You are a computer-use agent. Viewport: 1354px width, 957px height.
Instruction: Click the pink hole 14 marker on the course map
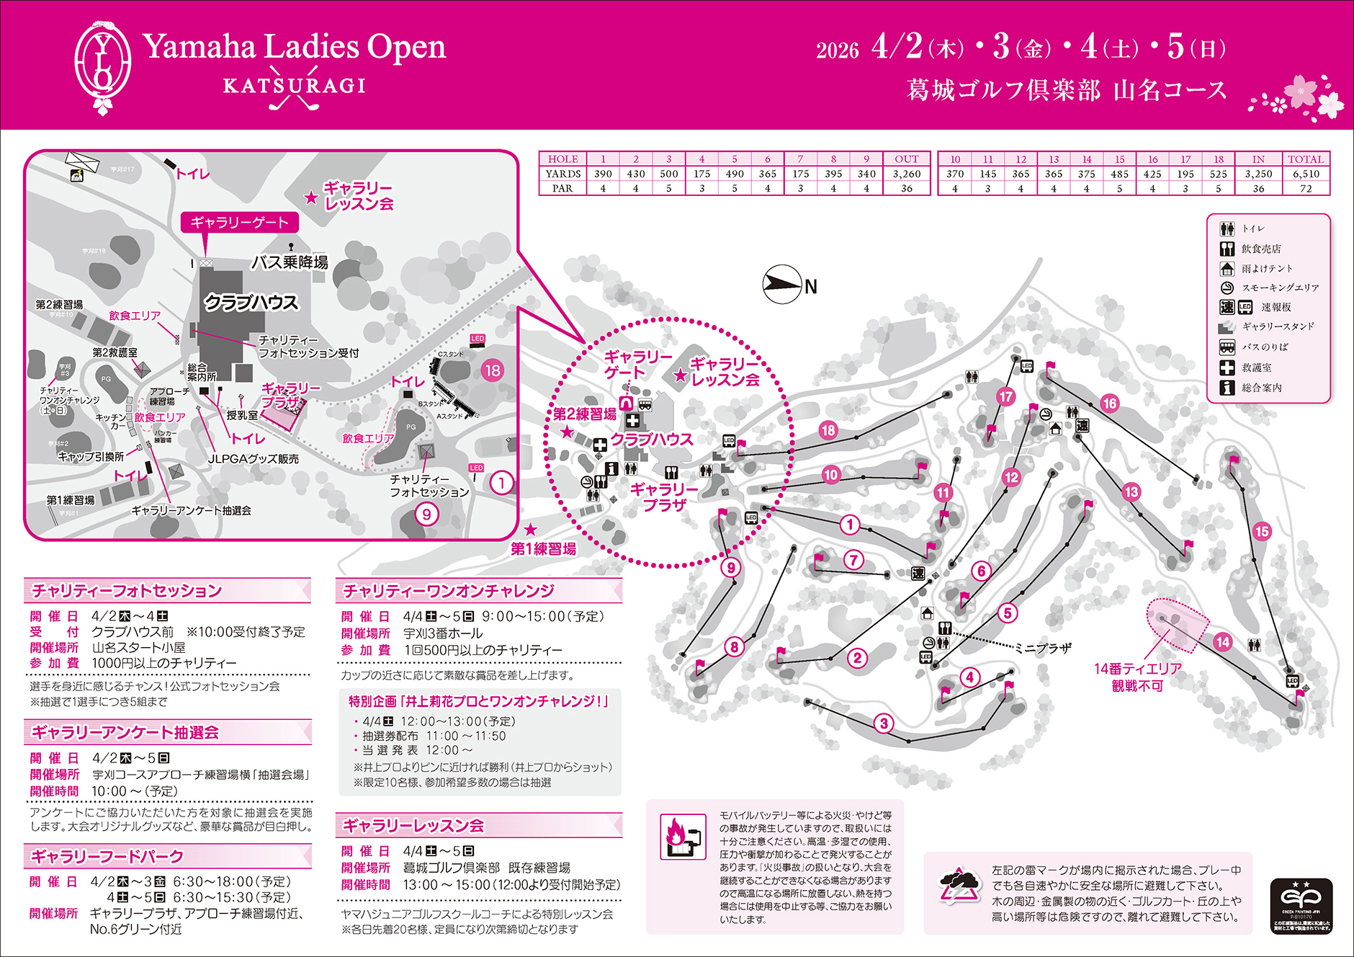point(1222,642)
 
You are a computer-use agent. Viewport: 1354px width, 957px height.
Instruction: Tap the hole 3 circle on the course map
point(884,724)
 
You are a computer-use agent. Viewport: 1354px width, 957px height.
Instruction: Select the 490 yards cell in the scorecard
point(735,174)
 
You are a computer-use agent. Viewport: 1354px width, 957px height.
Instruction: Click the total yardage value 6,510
point(1305,174)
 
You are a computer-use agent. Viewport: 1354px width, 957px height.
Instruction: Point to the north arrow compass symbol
point(782,285)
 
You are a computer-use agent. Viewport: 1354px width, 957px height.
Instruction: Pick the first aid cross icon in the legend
point(1227,368)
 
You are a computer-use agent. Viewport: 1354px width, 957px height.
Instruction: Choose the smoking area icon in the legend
point(1227,288)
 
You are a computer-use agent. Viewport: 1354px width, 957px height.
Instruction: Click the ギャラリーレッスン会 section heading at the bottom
point(413,826)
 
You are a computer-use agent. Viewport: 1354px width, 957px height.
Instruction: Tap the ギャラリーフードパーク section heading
point(107,857)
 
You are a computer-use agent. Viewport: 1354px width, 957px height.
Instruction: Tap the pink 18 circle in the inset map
point(493,371)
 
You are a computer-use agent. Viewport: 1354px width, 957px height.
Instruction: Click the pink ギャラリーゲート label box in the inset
point(239,223)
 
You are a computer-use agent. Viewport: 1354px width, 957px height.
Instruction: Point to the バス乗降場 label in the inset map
point(290,262)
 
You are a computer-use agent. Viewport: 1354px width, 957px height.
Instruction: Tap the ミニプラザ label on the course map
point(1043,648)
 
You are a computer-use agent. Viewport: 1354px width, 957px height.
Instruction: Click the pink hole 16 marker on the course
point(1109,404)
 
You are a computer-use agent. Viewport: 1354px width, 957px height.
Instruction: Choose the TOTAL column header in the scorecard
point(1305,159)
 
